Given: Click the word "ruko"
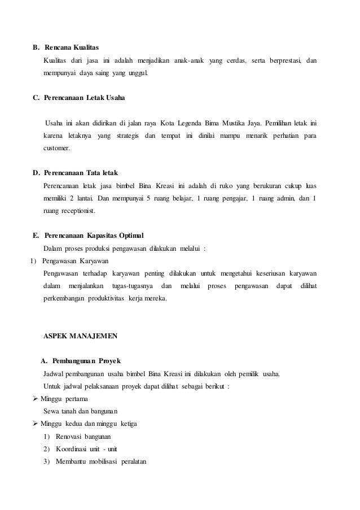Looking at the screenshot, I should pyautogui.click(x=218, y=186).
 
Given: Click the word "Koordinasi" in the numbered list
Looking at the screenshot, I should pyautogui.click(x=72, y=449).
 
